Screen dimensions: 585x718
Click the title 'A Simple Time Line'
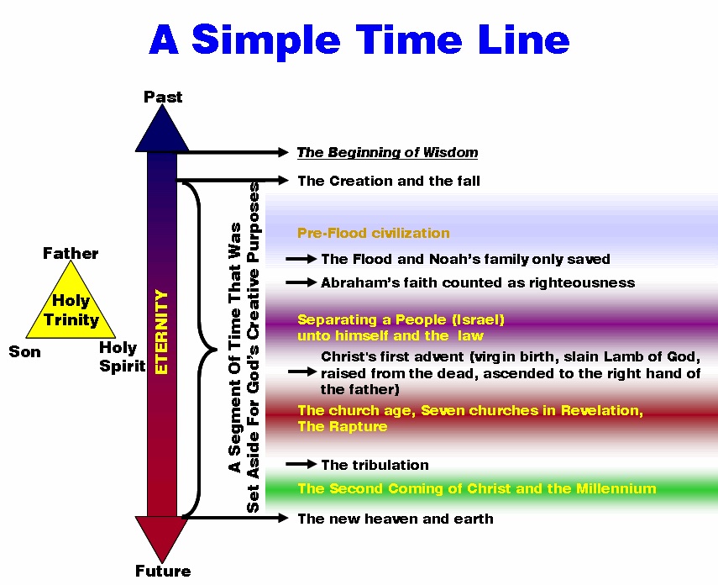359,40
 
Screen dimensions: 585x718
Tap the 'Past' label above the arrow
163,97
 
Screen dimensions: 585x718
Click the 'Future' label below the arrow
163,572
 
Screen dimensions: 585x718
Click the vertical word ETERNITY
162,331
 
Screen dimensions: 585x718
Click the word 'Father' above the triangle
71,254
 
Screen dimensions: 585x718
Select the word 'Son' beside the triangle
24,352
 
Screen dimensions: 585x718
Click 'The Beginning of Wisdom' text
387,153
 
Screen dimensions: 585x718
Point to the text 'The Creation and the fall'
389,181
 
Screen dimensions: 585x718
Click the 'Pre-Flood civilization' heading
373,233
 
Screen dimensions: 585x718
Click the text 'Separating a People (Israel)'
401,319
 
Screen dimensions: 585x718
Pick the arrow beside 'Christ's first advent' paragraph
301,372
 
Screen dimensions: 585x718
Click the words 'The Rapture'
343,426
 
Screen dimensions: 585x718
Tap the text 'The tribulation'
375,465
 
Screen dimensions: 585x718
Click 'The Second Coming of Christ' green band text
476,488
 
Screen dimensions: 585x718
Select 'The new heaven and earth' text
396,519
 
